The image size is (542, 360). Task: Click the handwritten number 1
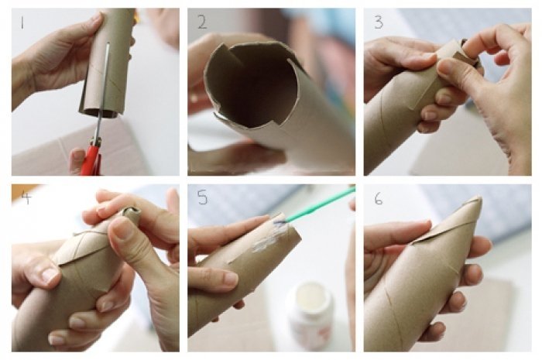pos(22,22)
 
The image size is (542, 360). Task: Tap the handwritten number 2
pos(202,22)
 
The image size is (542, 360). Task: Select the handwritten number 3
pos(379,22)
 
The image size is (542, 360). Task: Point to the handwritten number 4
pos(26,197)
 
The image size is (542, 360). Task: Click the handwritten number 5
pos(203,197)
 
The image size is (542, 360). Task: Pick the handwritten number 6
pos(379,198)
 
